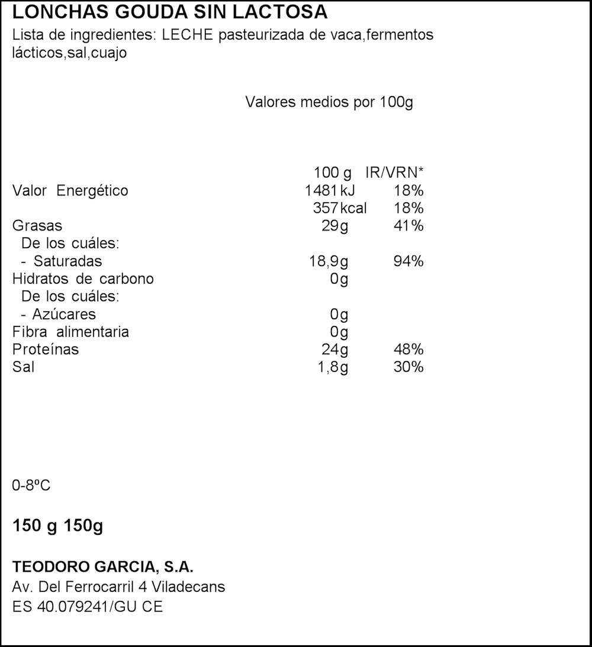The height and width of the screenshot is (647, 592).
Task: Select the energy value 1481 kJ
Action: pyautogui.click(x=330, y=191)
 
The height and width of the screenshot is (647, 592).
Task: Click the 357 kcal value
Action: pyautogui.click(x=339, y=209)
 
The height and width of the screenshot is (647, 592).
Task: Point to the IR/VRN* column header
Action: pyautogui.click(x=395, y=173)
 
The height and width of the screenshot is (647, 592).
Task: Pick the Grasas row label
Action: pyautogui.click(x=37, y=226)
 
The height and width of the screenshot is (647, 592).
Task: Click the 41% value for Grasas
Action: pyautogui.click(x=408, y=226)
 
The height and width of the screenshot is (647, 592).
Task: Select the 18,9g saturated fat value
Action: pyautogui.click(x=329, y=261)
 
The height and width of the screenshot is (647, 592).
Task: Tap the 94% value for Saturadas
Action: pyautogui.click(x=408, y=261)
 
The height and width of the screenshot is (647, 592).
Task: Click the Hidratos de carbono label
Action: pyautogui.click(x=83, y=279)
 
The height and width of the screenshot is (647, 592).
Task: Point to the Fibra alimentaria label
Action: pyautogui.click(x=70, y=332)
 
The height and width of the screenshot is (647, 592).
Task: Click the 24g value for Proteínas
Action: pyautogui.click(x=334, y=350)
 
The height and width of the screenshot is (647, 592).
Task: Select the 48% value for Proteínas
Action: pyautogui.click(x=408, y=350)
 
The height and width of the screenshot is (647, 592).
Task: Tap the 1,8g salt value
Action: pyautogui.click(x=332, y=367)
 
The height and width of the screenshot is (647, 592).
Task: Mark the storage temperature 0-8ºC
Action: pyautogui.click(x=31, y=486)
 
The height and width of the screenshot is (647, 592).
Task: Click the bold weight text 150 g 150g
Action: pyautogui.click(x=58, y=526)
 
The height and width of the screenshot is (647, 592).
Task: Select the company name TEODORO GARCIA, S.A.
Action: pyautogui.click(x=103, y=567)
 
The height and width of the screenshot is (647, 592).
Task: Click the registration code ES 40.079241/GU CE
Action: pyautogui.click(x=88, y=607)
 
